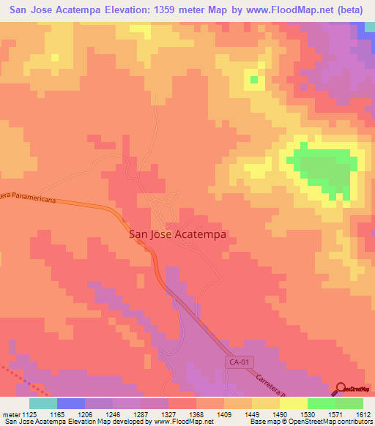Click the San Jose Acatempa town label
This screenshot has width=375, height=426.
177,235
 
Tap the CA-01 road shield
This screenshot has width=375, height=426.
234,363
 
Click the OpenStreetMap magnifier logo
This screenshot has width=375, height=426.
341,389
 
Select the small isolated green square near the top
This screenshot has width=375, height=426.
253,79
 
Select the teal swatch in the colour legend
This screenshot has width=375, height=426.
42,403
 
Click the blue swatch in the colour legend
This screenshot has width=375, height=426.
71,403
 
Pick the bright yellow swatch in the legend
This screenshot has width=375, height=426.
293,403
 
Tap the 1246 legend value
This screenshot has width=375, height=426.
114,414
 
